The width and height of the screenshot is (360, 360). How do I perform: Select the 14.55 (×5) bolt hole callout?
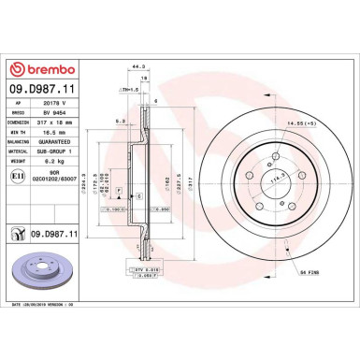(x=300, y=122)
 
